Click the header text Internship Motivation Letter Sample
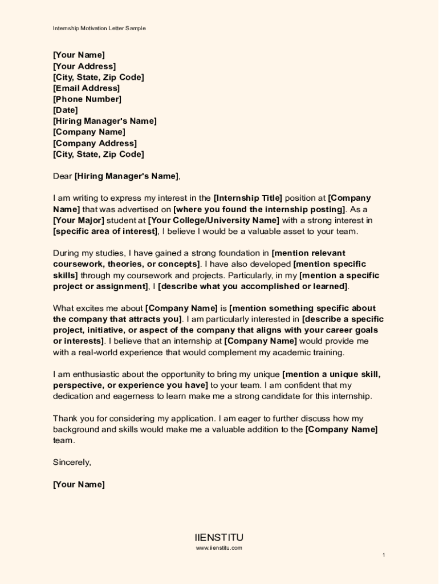(x=99, y=28)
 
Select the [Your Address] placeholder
(x=84, y=66)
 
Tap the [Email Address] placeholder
(x=86, y=88)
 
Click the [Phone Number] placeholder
(x=87, y=99)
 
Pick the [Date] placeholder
(x=65, y=110)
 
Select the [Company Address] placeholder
(x=95, y=143)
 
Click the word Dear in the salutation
(x=63, y=176)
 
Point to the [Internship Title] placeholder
(x=247, y=198)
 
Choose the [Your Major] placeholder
(x=79, y=220)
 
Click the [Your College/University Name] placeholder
(x=213, y=220)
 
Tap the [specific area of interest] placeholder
(x=105, y=232)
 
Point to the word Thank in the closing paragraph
(x=65, y=419)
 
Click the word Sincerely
(x=72, y=463)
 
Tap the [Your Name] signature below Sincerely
(x=79, y=485)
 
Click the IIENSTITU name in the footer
(x=219, y=538)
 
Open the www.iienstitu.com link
(x=219, y=548)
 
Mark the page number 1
(x=384, y=555)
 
